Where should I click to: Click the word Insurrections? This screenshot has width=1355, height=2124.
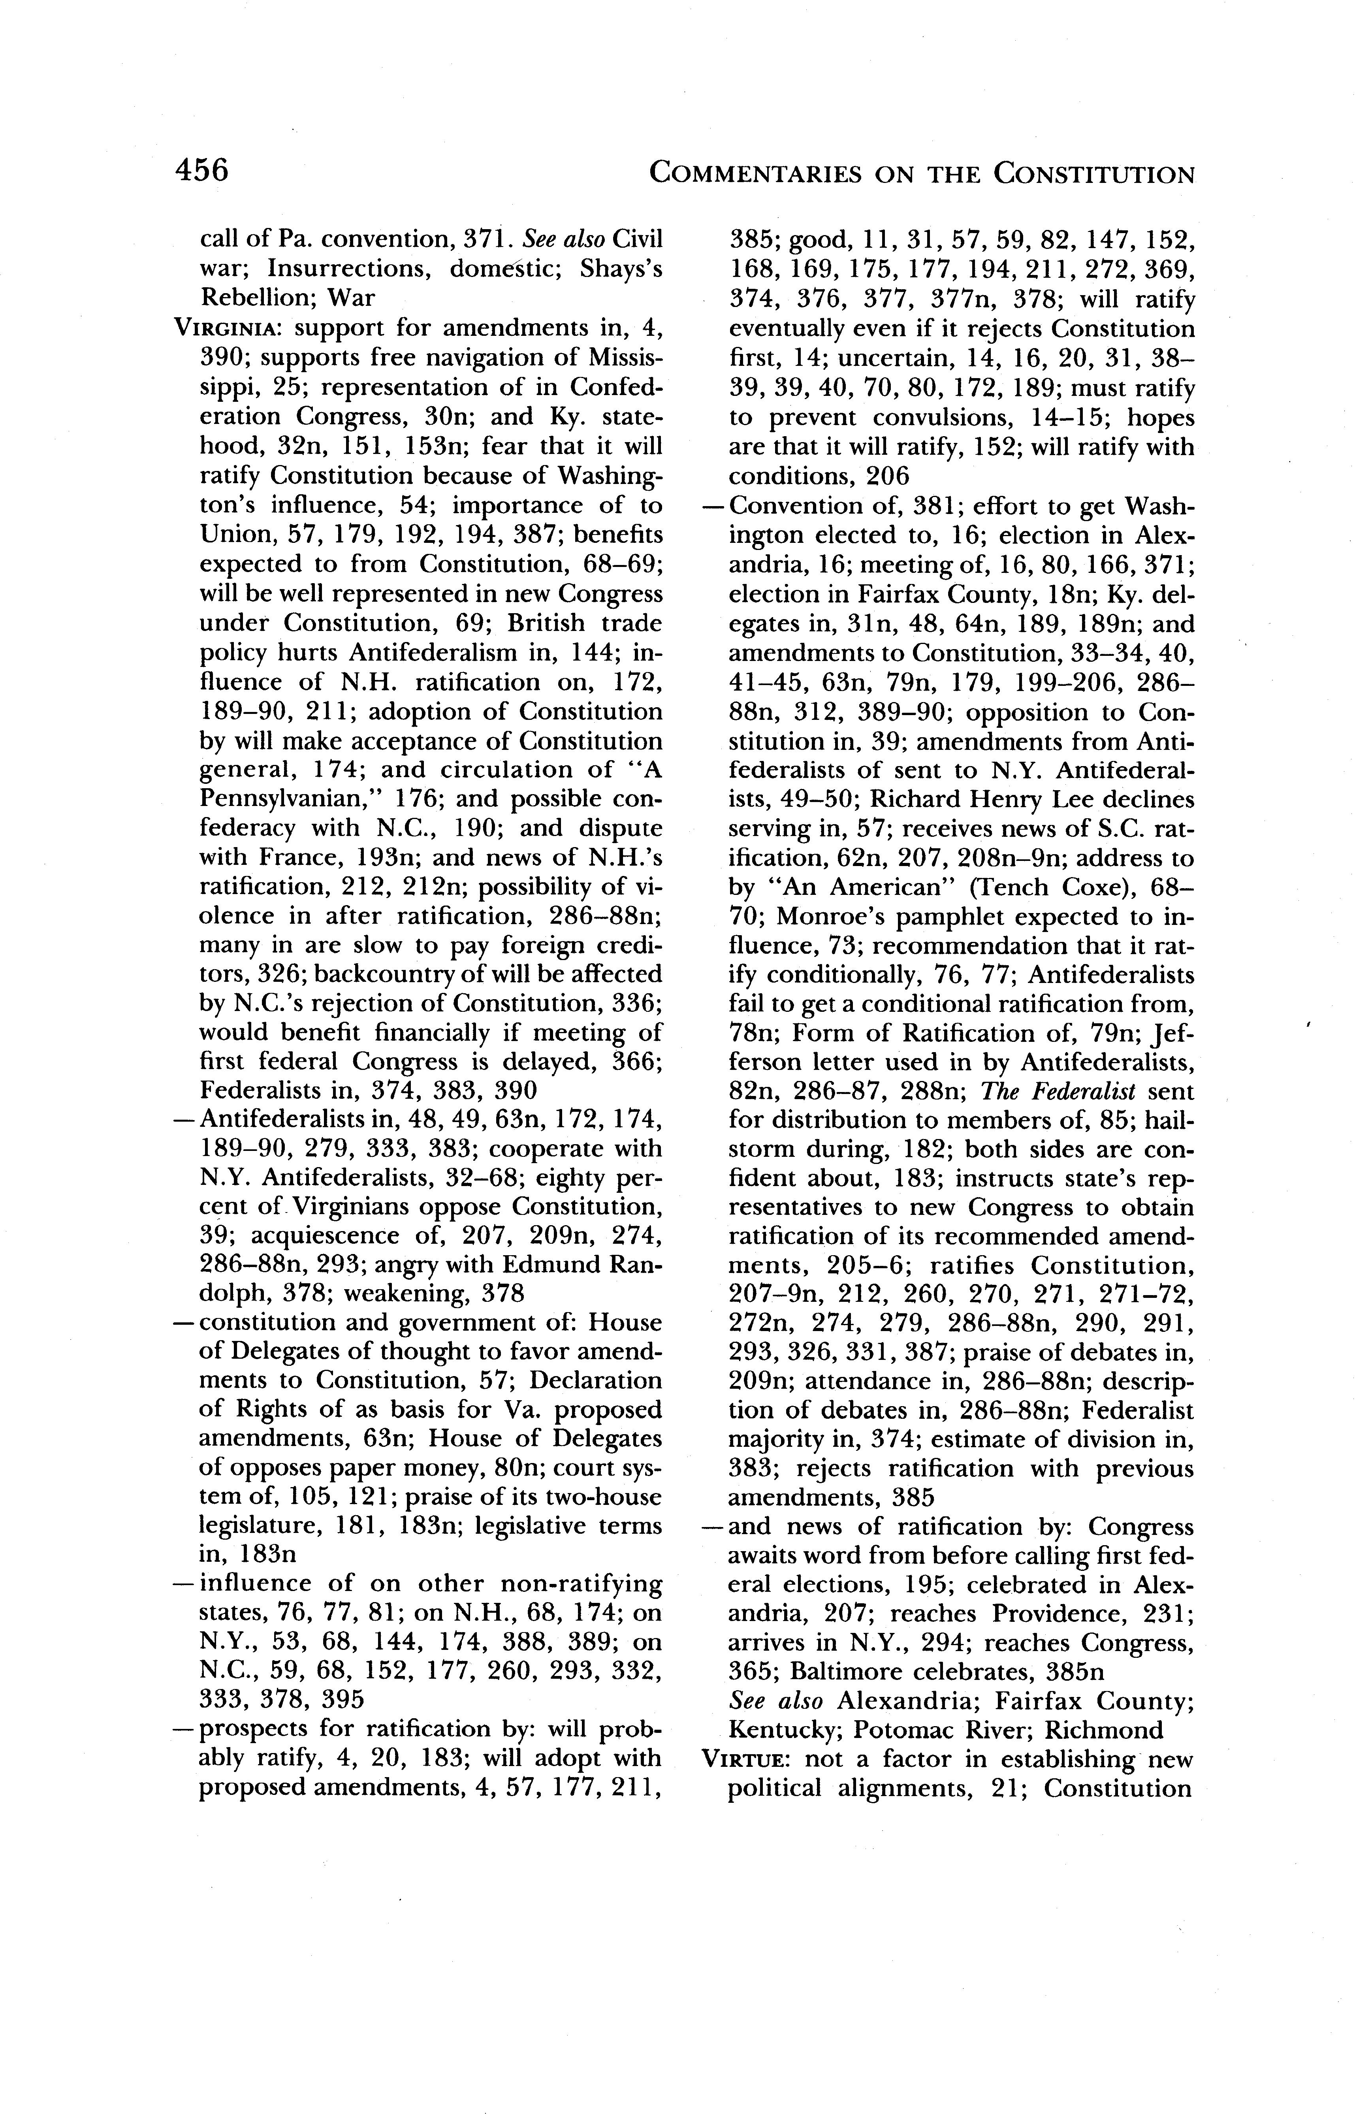coord(350,269)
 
